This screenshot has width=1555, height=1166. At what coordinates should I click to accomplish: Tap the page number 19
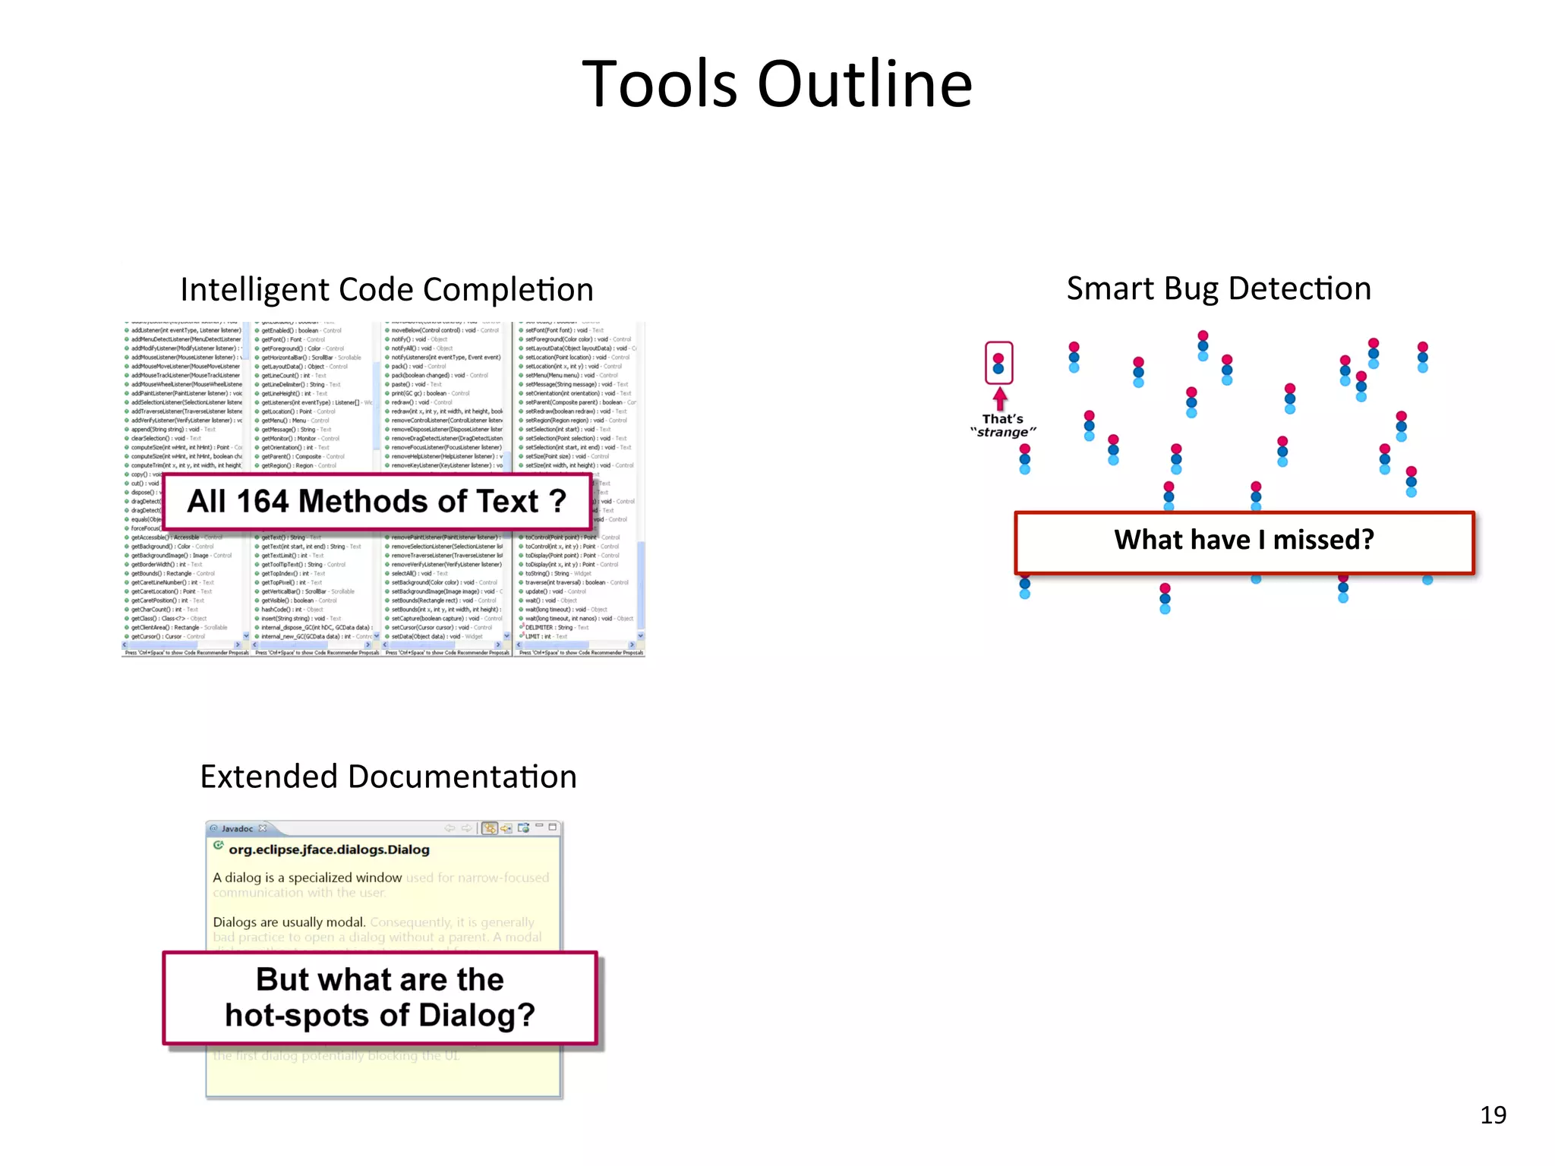coord(1493,1114)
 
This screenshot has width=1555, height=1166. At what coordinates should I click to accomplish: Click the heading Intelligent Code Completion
coord(386,289)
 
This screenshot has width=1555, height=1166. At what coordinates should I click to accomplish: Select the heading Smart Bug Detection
coord(1219,288)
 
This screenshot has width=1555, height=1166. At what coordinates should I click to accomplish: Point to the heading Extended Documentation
coord(388,777)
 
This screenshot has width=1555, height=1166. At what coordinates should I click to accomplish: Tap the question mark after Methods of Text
coord(558,501)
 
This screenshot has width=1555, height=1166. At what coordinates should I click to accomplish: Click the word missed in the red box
coord(1323,540)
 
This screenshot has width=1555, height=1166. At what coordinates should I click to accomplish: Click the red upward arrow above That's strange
coord(1000,399)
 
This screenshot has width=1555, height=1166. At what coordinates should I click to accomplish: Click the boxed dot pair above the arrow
coord(998,363)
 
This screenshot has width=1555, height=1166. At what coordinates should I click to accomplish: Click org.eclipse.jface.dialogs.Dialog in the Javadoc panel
coord(329,849)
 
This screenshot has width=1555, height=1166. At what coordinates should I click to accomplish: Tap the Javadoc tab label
coord(237,828)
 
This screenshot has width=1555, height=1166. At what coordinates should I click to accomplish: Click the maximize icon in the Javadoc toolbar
coord(554,827)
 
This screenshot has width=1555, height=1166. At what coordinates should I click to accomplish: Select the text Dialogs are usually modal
coord(289,922)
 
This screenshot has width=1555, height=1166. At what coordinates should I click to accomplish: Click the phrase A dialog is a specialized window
coord(308,878)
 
